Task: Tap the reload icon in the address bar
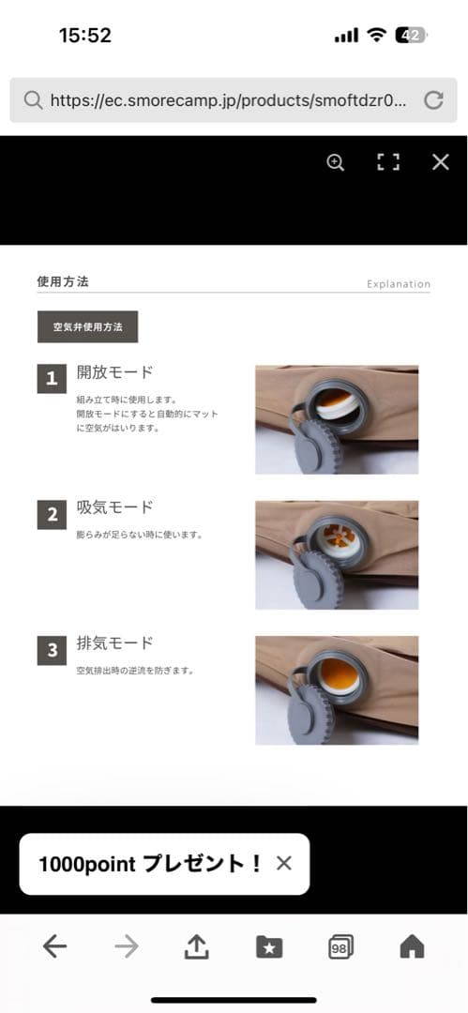pos(433,100)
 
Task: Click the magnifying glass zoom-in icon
pos(336,162)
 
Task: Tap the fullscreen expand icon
pos(388,162)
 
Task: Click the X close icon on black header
pos(441,162)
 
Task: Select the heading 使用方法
pos(63,280)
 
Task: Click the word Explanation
pos(399,284)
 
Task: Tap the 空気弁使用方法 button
pos(87,326)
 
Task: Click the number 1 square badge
pos(52,379)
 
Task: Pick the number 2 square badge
pos(52,514)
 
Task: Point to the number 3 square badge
pos(52,649)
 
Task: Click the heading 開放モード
pos(114,372)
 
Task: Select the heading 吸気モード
pos(114,507)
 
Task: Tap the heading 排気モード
pos(114,643)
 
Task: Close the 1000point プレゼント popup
pos(284,864)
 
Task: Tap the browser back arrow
pos(55,947)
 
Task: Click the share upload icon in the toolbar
pos(196,947)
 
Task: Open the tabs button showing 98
pos(341,947)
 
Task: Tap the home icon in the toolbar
pos(412,947)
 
